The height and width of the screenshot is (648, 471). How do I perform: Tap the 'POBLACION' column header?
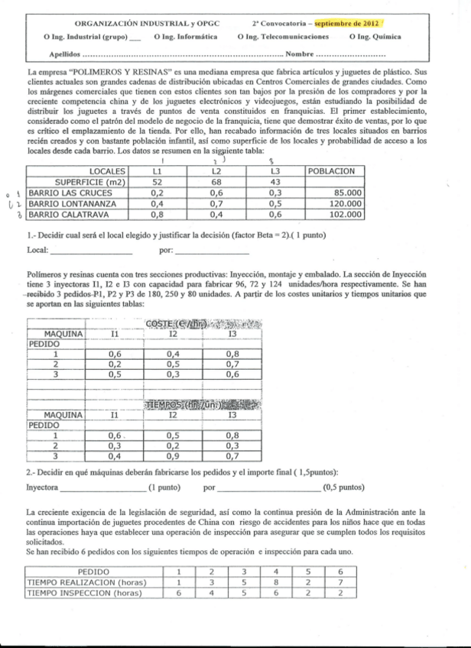[x=331, y=171]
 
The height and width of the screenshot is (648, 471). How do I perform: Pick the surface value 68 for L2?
[x=216, y=183]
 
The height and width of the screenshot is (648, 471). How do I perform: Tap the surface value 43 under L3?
[x=277, y=183]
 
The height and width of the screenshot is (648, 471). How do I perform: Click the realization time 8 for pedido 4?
[x=276, y=582]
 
